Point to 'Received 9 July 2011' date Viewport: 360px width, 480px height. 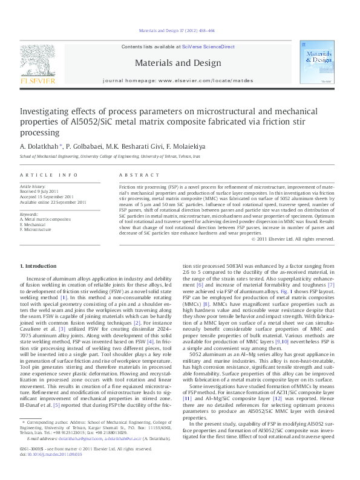(x=45, y=192)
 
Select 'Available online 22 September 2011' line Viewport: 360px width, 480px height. (x=53, y=203)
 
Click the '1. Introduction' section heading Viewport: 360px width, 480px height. (x=39, y=266)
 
